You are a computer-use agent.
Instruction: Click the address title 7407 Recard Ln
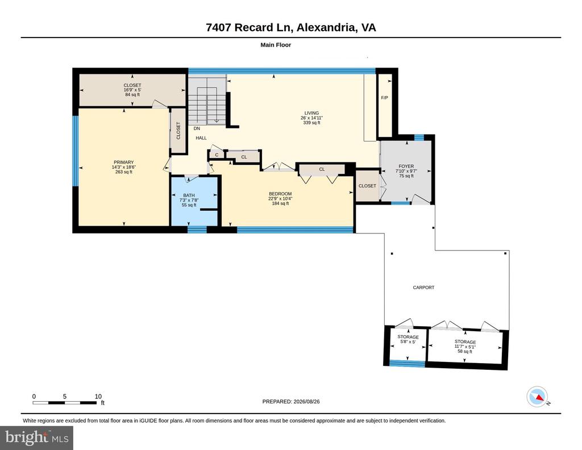(250, 27)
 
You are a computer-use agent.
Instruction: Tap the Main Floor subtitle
(276, 45)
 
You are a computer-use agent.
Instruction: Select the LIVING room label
(311, 113)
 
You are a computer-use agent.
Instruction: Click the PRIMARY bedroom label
(123, 162)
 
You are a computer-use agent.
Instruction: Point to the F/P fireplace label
(385, 98)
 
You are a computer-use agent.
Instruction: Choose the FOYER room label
(406, 166)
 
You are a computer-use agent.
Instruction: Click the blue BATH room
(194, 201)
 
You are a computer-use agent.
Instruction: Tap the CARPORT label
(423, 287)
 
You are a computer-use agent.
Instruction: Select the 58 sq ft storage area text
(465, 351)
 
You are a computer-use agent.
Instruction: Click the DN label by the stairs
(197, 128)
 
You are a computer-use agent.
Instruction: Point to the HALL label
(201, 138)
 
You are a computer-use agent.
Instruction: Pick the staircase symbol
(207, 101)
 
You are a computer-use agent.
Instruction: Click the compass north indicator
(537, 397)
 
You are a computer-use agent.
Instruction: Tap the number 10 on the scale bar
(98, 396)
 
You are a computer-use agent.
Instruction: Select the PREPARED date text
(291, 401)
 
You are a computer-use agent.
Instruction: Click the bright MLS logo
(36, 438)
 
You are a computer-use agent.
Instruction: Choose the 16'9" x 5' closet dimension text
(132, 90)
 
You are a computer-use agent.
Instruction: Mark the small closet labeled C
(217, 155)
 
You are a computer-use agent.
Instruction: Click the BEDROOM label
(280, 194)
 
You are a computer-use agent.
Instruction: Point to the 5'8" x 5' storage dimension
(408, 341)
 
